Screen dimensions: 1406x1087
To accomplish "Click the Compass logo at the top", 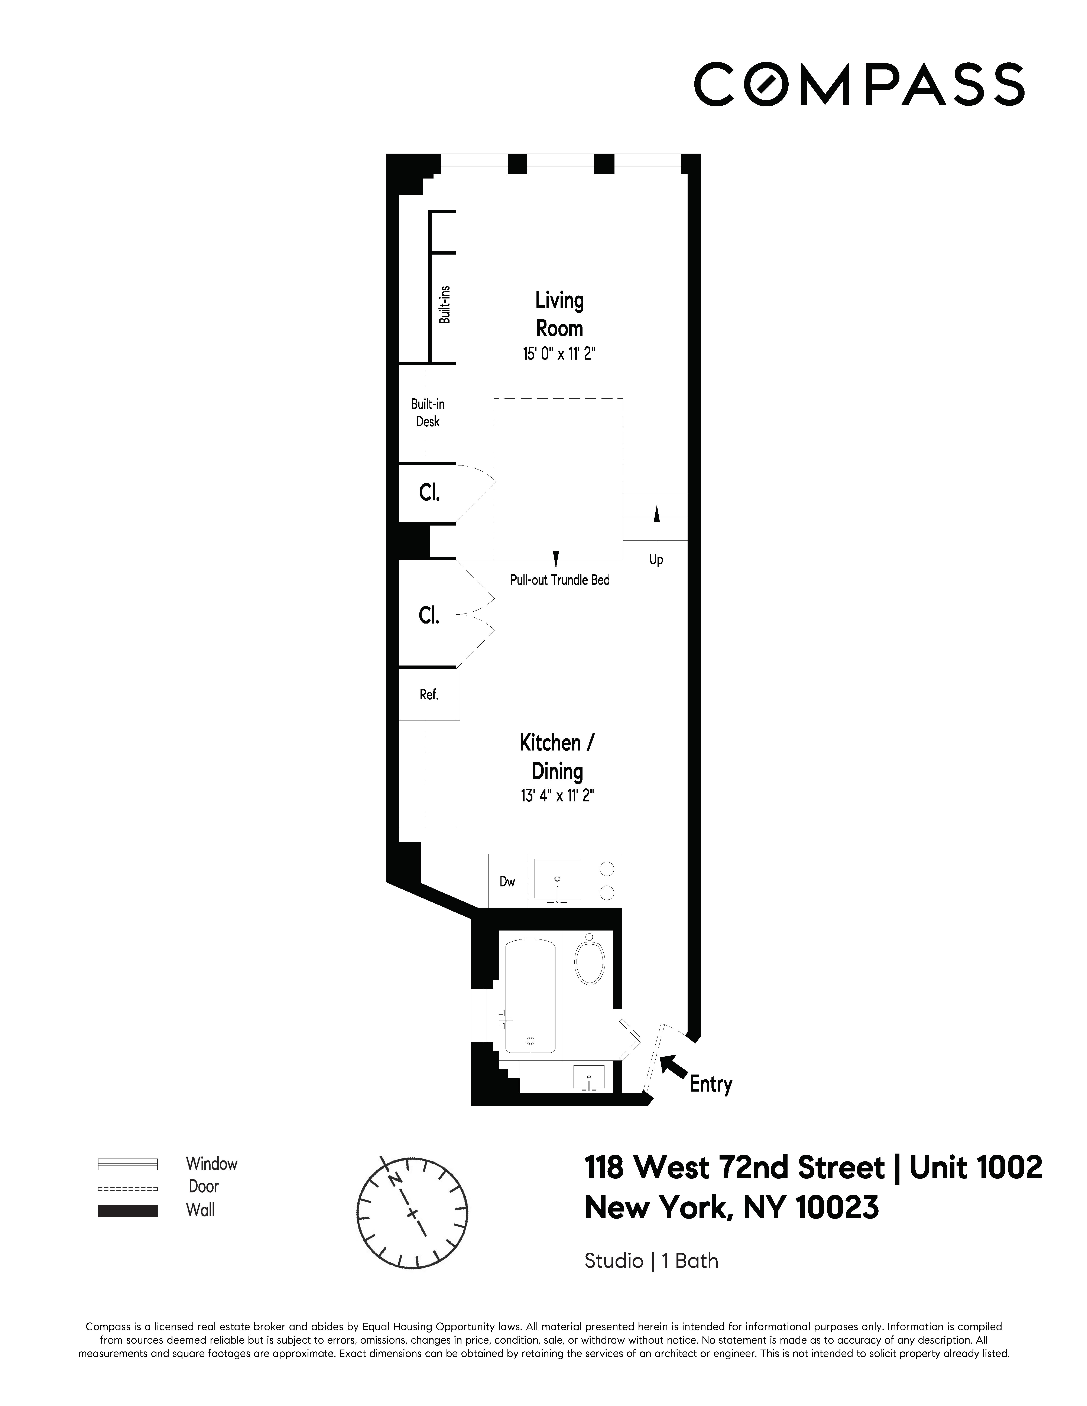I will (x=858, y=84).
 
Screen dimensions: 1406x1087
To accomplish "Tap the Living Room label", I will (x=559, y=314).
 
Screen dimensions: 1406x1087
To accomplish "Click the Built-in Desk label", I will (x=428, y=413).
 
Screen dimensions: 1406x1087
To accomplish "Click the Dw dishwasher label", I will (x=507, y=881).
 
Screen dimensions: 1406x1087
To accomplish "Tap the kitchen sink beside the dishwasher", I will (x=557, y=879).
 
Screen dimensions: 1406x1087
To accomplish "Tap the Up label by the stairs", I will (x=656, y=559).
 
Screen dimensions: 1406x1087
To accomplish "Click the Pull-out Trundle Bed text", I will (x=560, y=580).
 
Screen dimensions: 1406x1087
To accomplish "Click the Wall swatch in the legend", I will (x=127, y=1210).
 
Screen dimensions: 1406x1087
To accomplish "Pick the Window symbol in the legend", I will (x=127, y=1164).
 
